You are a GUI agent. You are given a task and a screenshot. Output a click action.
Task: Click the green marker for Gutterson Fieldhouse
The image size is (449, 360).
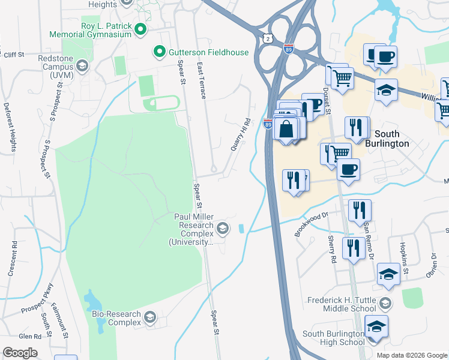[x=160, y=52]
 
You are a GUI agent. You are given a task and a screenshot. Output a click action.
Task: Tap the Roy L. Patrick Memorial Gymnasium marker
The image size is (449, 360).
[x=140, y=29]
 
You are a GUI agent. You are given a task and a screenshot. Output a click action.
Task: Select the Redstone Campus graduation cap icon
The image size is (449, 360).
[x=82, y=65]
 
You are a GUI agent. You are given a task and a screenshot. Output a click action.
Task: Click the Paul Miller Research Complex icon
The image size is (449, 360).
[x=223, y=227]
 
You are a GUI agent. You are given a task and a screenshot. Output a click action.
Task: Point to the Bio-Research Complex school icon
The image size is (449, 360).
[x=150, y=316]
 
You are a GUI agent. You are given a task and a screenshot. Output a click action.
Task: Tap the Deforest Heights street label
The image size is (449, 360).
[x=10, y=127]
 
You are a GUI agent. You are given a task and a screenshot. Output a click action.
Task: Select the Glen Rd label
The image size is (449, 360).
[x=29, y=337]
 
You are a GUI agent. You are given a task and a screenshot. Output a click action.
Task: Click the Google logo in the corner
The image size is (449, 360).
[x=20, y=353]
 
